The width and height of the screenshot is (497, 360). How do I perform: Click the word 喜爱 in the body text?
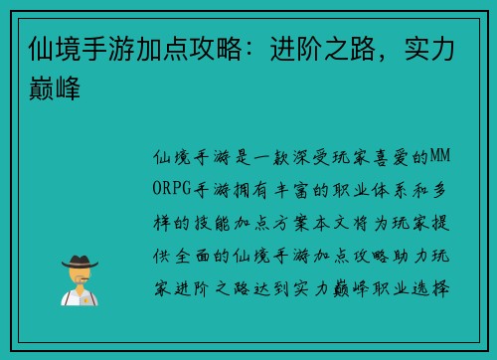(397, 157)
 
